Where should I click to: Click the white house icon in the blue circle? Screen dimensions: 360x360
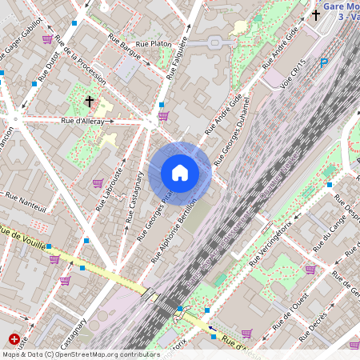[180, 172]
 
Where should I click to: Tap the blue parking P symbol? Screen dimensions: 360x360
[324, 63]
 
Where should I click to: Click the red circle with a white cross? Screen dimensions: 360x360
[13, 341]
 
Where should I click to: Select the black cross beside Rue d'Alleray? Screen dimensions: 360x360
[90, 102]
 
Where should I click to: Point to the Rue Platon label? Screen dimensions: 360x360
[154, 43]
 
